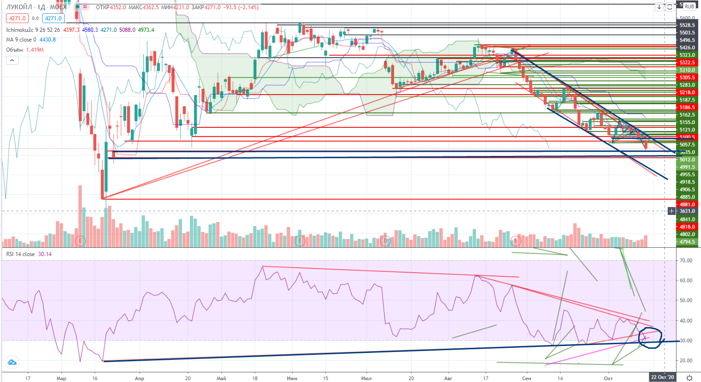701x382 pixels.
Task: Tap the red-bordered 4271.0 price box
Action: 17,18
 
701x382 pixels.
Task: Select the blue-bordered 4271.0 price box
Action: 53,18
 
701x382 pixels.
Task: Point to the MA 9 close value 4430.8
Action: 48,40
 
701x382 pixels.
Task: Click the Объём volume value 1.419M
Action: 35,50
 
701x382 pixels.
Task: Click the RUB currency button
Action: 689,6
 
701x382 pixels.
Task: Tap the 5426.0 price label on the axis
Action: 687,48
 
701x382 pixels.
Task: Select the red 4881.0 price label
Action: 687,204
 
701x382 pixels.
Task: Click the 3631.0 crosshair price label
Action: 687,211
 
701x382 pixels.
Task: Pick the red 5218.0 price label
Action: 687,92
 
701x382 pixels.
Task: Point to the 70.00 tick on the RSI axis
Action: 686,261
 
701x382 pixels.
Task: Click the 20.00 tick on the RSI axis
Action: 686,361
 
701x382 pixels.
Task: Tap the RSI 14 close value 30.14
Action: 45,254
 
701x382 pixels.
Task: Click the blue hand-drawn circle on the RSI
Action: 650,337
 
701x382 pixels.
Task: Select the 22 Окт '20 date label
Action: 662,377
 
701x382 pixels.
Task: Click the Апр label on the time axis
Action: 139,378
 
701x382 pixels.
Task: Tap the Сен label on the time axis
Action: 526,378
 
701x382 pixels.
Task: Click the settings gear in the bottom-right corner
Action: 689,378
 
